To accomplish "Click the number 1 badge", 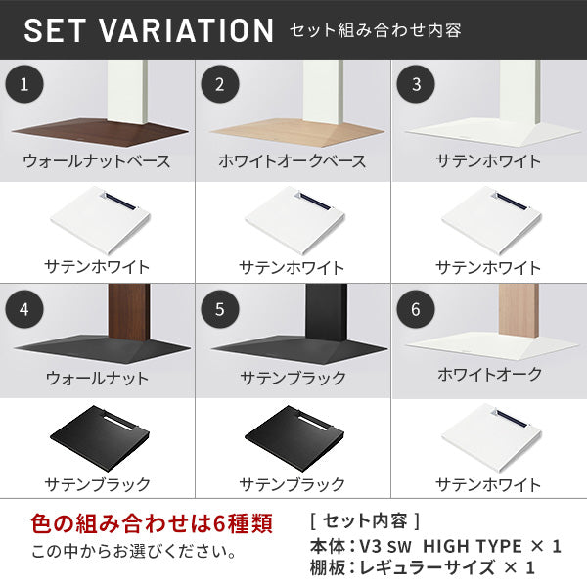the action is click(24, 84).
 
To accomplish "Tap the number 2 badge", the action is click(220, 84).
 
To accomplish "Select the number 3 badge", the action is click(416, 84).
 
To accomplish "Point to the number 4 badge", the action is click(24, 309).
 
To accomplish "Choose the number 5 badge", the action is click(220, 309).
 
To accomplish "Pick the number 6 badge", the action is click(416, 309).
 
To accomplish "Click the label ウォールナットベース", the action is click(97, 161).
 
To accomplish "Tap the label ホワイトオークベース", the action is click(292, 161).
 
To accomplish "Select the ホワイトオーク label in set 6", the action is click(489, 374).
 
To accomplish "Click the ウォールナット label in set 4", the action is click(97, 378).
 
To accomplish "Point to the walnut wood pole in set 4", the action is click(129, 312).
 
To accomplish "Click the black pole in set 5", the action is click(326, 312).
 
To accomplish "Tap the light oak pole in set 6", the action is click(519, 311).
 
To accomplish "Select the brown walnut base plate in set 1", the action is click(101, 132).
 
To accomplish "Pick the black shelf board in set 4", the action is click(100, 438).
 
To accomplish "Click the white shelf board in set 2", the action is click(295, 220).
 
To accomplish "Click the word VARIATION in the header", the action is click(186, 30).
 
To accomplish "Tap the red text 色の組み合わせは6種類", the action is click(152, 523).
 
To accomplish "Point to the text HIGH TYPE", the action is click(473, 546).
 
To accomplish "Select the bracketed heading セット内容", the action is click(365, 520).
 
